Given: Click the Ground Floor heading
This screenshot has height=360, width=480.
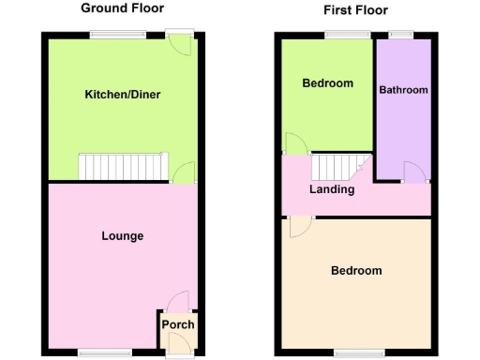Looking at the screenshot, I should pyautogui.click(x=122, y=7).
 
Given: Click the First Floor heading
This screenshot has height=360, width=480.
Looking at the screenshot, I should pyautogui.click(x=355, y=10).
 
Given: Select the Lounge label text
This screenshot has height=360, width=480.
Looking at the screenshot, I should pyautogui.click(x=122, y=235).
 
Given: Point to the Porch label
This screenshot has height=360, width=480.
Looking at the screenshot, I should pyautogui.click(x=178, y=325).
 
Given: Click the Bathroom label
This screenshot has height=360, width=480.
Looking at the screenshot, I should pyautogui.click(x=403, y=90).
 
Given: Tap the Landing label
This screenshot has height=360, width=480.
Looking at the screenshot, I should pyautogui.click(x=332, y=189).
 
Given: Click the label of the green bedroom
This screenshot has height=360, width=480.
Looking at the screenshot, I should pyautogui.click(x=327, y=83).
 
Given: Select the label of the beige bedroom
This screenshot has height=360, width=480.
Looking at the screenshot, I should pyautogui.click(x=356, y=271).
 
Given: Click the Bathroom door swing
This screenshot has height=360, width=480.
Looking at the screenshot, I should pyautogui.click(x=413, y=170).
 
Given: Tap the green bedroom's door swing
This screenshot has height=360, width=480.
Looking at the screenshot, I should pyautogui.click(x=294, y=143).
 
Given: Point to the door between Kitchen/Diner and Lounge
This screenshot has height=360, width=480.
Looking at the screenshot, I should pyautogui.click(x=185, y=172).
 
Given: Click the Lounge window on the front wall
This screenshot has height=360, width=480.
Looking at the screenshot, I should pyautogui.click(x=97, y=352).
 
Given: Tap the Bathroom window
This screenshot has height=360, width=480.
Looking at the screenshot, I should pyautogui.click(x=402, y=35).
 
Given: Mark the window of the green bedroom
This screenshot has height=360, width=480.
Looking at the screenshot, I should pyautogui.click(x=335, y=35).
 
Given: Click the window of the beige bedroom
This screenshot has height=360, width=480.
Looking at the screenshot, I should pyautogui.click(x=354, y=352).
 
